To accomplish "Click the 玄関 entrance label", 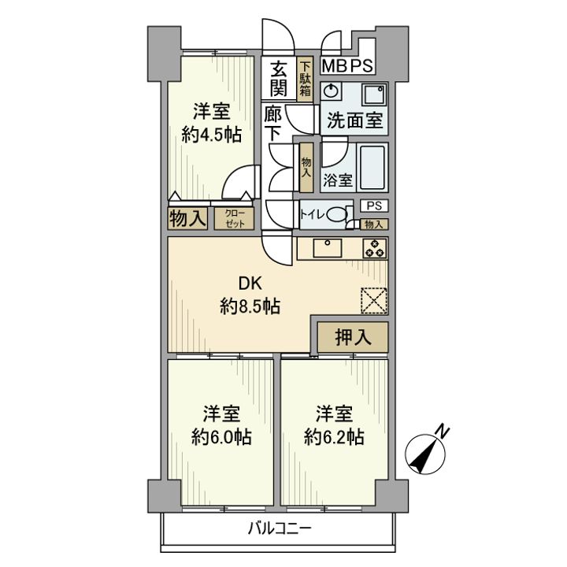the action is coord(279,79).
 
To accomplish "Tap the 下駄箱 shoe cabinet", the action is coord(306,79).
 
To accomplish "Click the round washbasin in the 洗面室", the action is coord(330,91).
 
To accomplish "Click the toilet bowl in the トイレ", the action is coord(337,214).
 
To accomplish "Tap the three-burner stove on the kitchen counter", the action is coord(375,249).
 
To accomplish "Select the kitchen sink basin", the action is coord(328,248).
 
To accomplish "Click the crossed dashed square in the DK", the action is coord(375,300).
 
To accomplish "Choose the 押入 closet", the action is coord(353,337).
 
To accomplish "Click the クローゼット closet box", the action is coord(235,218).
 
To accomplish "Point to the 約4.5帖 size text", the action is coord(211,135).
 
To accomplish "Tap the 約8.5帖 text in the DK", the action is coord(250,307).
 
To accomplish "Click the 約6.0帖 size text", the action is coord(221,438).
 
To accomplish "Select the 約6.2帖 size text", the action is coord(334,438).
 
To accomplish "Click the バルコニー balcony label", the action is coord(279,529).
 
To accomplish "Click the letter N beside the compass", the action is coord(443,432).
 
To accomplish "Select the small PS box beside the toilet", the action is coord(374,206).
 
